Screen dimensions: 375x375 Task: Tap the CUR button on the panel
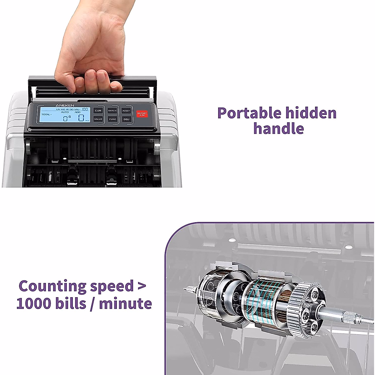(x=98, y=111)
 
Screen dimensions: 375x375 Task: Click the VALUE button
(x=98, y=119)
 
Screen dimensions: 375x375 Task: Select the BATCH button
(x=112, y=111)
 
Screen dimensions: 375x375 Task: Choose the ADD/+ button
(x=126, y=111)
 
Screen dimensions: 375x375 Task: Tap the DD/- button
(x=126, y=119)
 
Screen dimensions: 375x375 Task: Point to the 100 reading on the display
(x=85, y=109)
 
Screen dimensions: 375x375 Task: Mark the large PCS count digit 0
(x=81, y=118)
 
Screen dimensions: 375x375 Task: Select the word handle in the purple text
(x=278, y=128)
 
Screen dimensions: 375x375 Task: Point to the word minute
(x=125, y=303)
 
